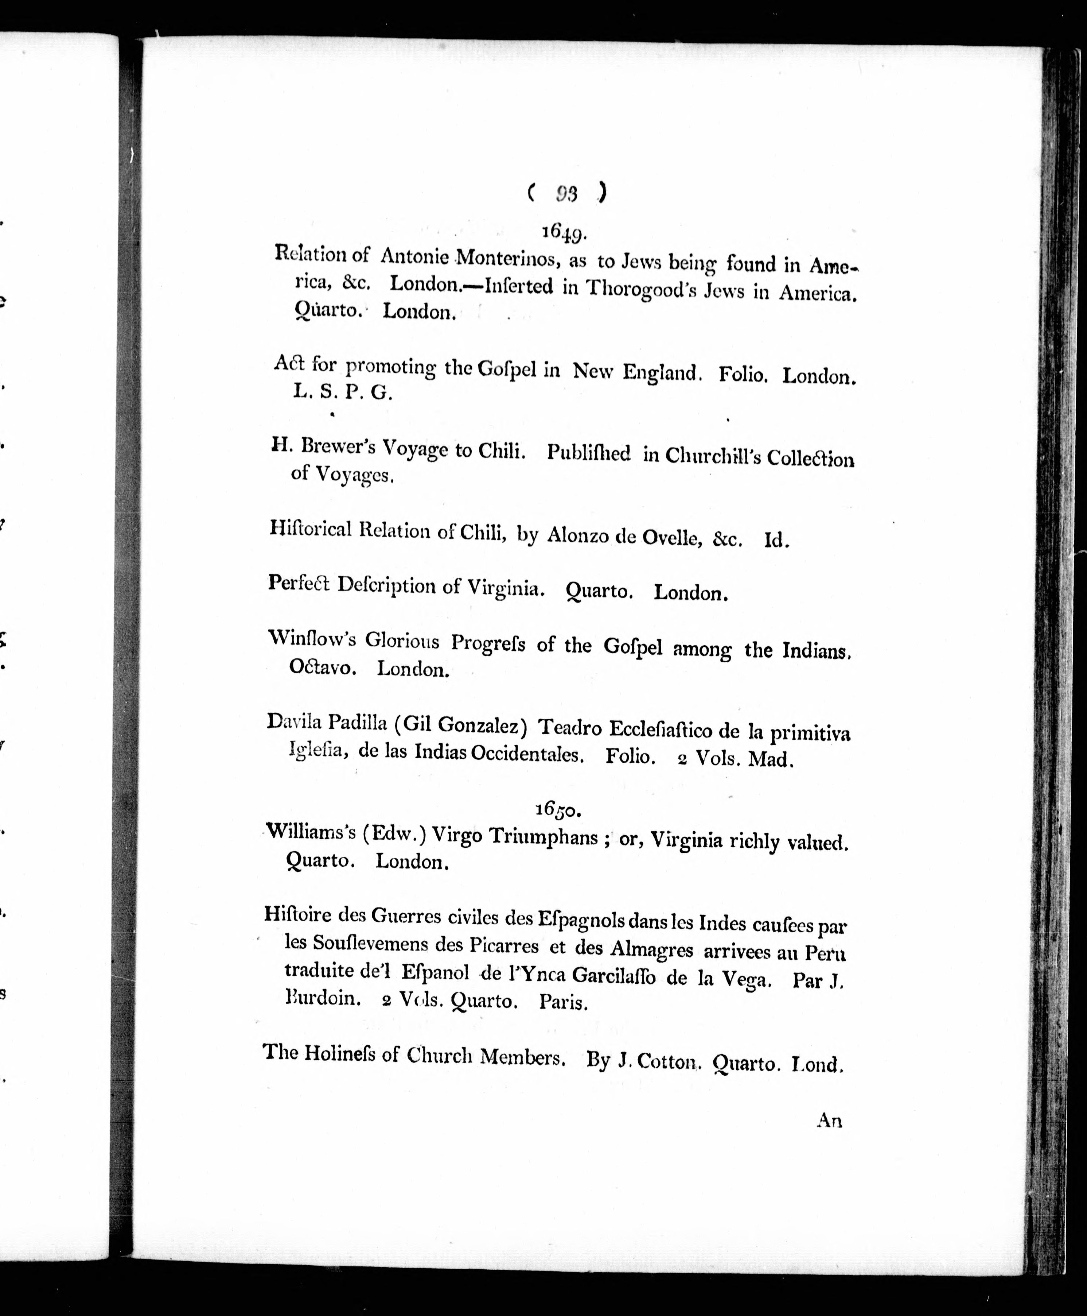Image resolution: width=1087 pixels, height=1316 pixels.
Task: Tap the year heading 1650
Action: [x=558, y=809]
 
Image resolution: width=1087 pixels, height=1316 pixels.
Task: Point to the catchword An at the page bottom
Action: [x=829, y=1120]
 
